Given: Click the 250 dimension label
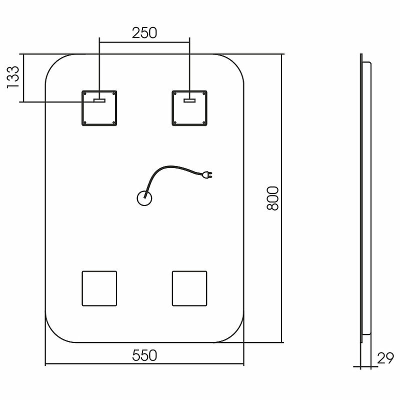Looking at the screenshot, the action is [x=144, y=32].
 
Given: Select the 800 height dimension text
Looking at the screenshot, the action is [x=272, y=198].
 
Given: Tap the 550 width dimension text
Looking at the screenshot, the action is [x=144, y=355].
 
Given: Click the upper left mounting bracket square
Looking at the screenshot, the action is [x=99, y=107].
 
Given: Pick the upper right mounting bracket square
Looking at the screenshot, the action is [x=189, y=107].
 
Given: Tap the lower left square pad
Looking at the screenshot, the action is [x=99, y=288].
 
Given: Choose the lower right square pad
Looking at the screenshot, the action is [x=189, y=288].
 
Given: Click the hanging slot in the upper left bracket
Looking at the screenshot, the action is [x=99, y=100].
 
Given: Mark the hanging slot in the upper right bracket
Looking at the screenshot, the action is [x=189, y=100].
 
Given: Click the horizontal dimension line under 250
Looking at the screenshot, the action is [x=144, y=42].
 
